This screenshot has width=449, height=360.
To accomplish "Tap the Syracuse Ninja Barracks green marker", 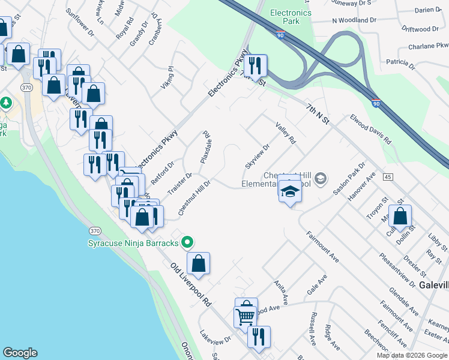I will (188, 242).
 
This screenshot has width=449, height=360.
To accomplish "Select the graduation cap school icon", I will (290, 191).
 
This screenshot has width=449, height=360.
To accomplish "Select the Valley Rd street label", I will (286, 133).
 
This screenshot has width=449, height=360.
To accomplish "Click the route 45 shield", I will (388, 176).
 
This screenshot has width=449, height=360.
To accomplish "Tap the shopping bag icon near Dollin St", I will (400, 217).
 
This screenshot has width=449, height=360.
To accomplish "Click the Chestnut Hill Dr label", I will (194, 198).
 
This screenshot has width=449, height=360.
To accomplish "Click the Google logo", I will (20, 353).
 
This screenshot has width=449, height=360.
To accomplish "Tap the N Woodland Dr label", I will (354, 20).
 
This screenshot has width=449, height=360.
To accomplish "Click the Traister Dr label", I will (179, 184).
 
